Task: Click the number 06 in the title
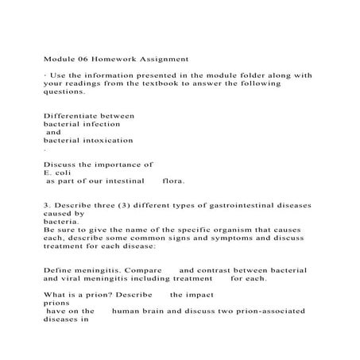point(77,58)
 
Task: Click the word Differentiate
point(78,115)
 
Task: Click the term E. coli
point(58,172)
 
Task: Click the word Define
point(58,270)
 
